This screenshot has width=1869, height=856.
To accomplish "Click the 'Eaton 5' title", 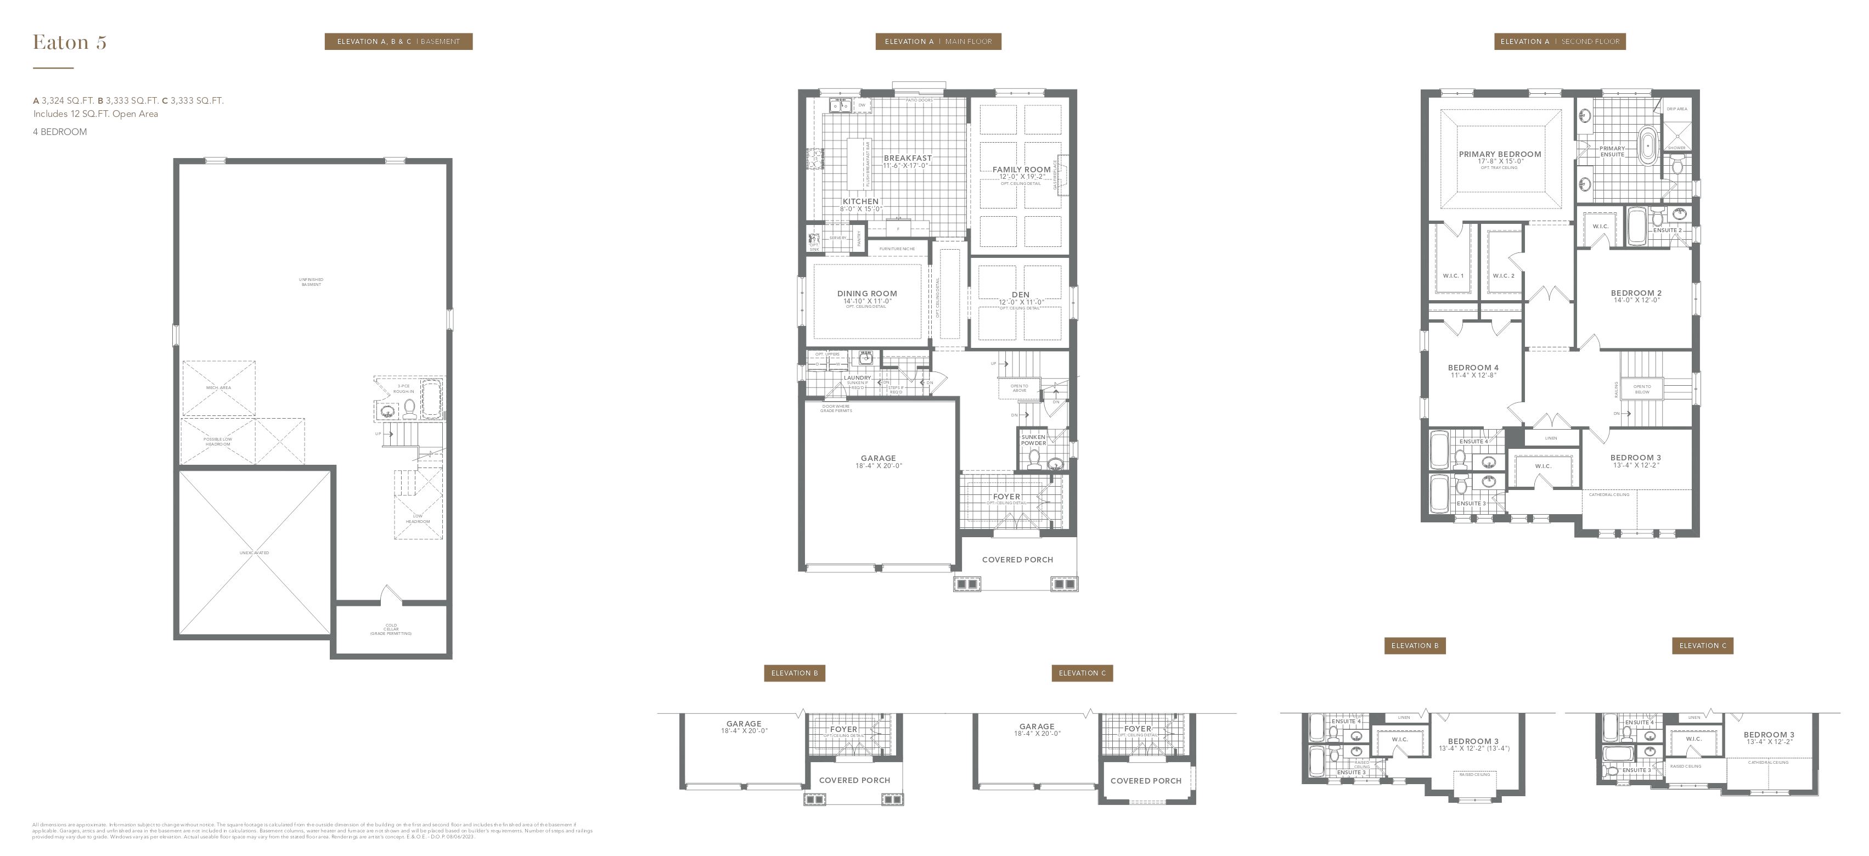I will coord(70,43).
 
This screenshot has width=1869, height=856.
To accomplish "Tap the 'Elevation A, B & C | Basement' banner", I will coord(398,41).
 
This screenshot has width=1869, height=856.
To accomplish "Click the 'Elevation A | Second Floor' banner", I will coord(1559,41).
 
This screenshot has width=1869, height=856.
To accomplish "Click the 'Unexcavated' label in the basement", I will coord(254,553).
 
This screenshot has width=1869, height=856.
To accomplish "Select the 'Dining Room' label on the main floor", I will coord(867,294).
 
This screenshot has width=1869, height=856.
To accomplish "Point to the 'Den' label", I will coord(1020,295).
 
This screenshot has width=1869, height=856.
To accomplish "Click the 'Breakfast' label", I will coord(907,158).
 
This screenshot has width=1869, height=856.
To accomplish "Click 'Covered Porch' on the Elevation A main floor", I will coord(1017,559).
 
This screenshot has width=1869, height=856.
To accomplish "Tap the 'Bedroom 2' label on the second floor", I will coord(1636,293).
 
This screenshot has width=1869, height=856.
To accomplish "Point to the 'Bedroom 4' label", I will coord(1473,368).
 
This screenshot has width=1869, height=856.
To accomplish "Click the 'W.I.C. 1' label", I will coord(1453,275).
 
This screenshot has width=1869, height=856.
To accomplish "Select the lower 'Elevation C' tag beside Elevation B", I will coord(1082,673).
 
